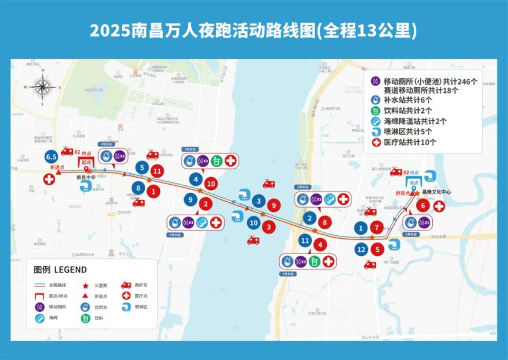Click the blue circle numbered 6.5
(51, 157)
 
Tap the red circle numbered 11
(156, 171)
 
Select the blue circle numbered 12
(361, 249)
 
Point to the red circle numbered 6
(422, 206)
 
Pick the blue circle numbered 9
(190, 199)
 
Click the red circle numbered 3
(268, 226)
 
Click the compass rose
(43, 88)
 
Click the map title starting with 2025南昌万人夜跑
(253, 31)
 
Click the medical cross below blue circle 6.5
(49, 178)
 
